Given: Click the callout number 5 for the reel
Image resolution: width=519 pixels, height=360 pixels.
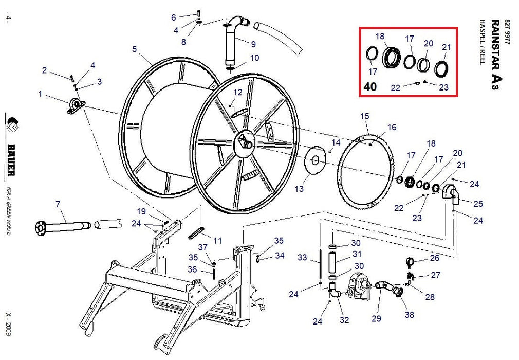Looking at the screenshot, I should point(134,49).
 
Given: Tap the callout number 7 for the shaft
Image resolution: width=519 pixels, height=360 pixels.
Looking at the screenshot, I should point(58,204).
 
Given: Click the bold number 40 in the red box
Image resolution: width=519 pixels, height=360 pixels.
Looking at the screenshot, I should point(369,86).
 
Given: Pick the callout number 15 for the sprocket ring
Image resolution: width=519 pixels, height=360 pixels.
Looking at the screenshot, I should point(364,116).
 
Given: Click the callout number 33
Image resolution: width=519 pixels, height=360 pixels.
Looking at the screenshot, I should point(302,257).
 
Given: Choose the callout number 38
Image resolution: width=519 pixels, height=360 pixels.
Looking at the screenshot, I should point(409,315).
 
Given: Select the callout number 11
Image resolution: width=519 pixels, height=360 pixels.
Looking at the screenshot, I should point(217,240).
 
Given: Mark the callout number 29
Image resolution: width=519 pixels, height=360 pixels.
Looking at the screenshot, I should point(377,319).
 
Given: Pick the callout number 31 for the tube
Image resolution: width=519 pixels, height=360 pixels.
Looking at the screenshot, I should point(356,254).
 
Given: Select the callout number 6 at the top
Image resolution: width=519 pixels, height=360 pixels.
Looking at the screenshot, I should point(173,17).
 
